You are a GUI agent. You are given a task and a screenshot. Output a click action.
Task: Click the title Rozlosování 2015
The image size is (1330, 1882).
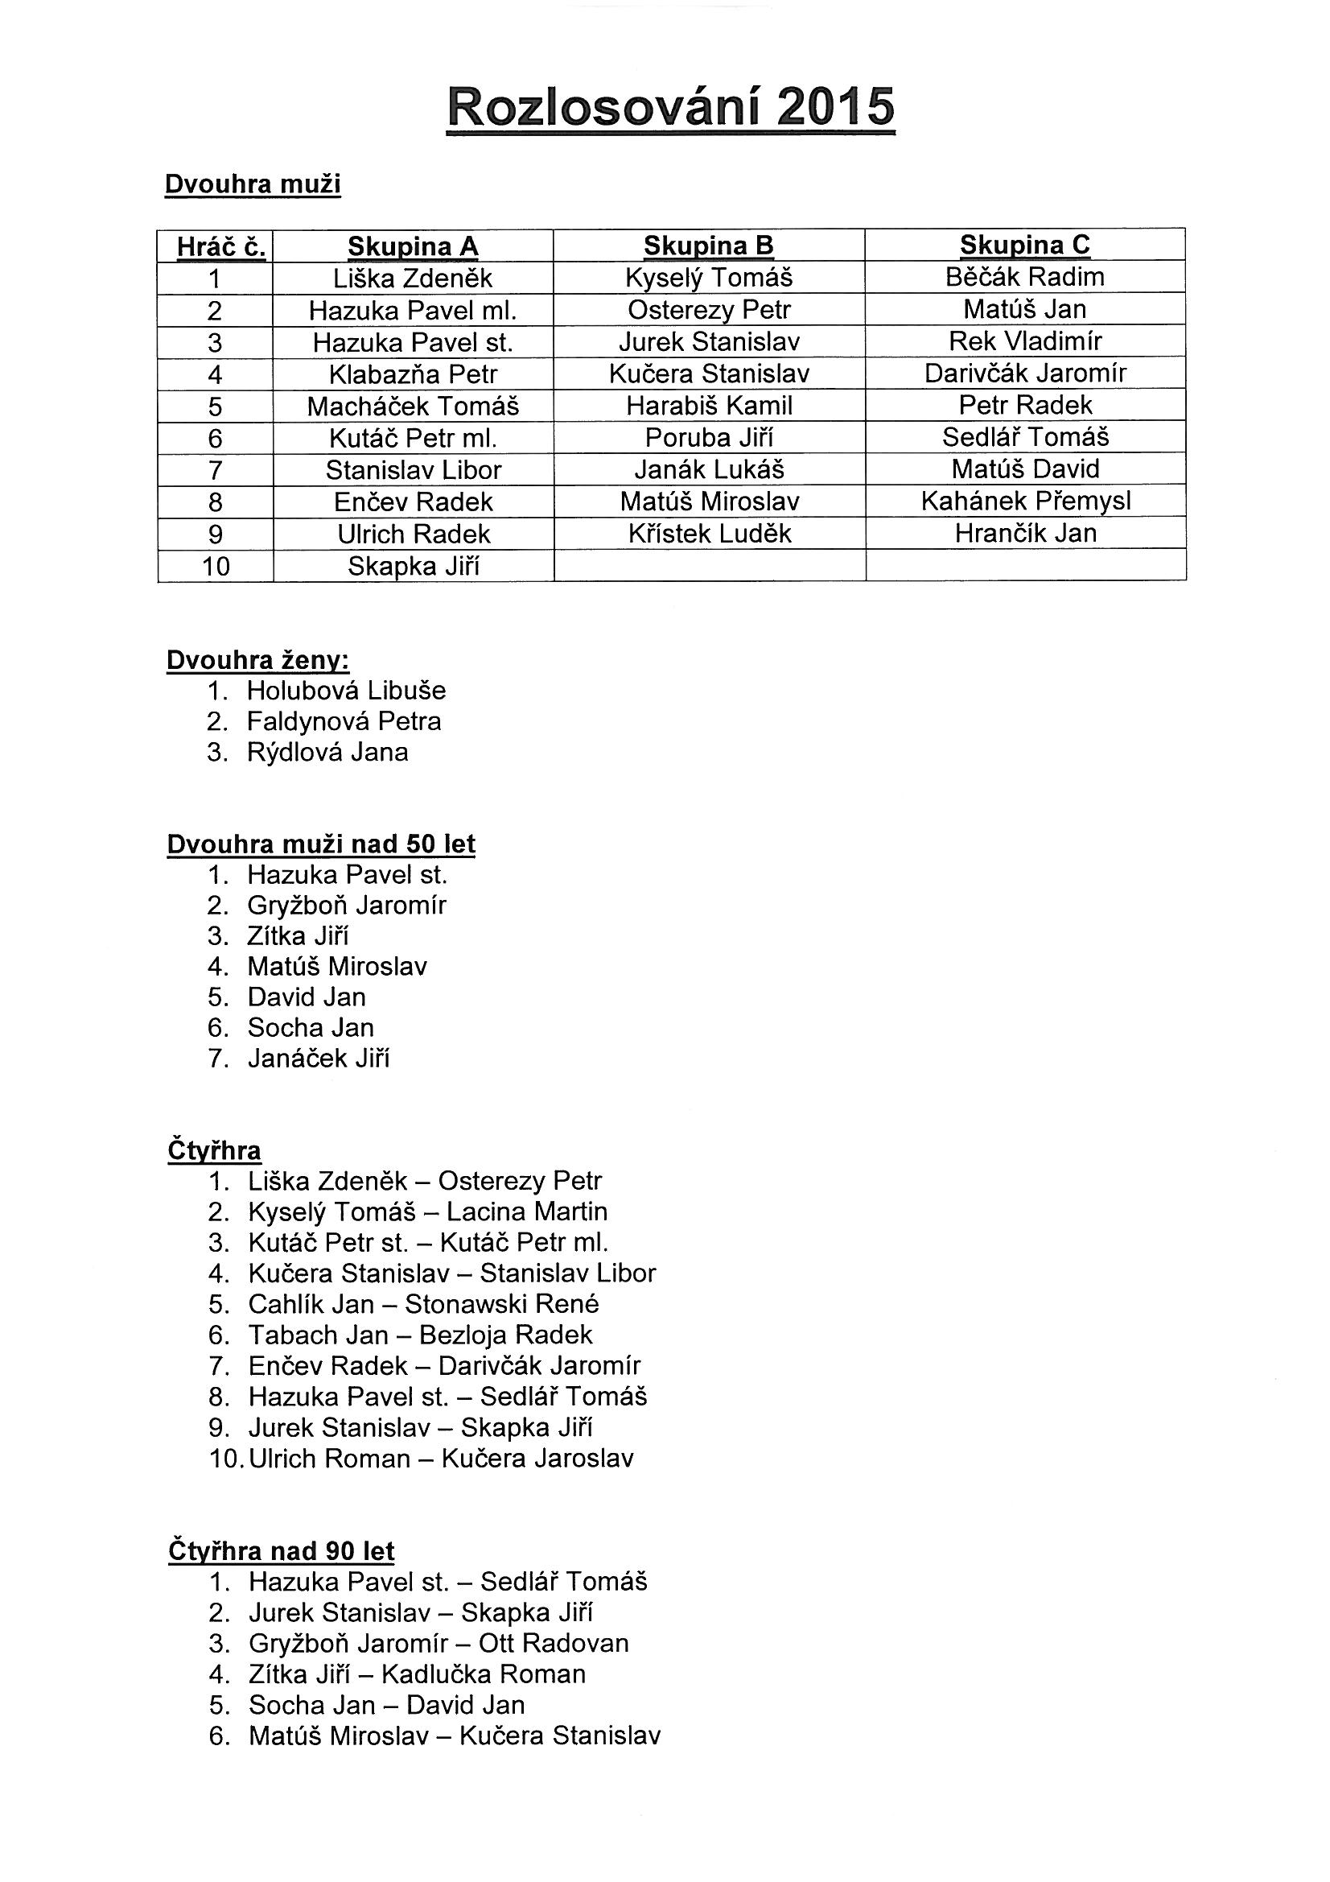(x=671, y=107)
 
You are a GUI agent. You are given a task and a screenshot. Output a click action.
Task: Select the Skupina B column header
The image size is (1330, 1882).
(x=708, y=245)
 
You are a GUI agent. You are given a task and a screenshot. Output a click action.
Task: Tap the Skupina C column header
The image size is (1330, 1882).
(x=1024, y=244)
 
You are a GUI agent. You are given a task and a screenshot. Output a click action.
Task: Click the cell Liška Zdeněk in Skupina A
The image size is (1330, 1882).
(x=412, y=279)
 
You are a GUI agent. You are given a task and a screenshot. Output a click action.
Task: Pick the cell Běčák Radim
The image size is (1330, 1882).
(x=1024, y=277)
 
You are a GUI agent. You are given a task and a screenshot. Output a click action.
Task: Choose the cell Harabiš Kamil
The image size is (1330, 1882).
(x=709, y=406)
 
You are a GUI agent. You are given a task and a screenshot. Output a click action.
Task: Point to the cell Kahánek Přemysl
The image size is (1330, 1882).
(x=1025, y=501)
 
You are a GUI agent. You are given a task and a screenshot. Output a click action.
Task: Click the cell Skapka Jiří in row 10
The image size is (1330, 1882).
(x=413, y=567)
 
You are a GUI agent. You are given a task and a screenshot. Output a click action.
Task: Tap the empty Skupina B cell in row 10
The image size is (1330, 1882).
(x=709, y=566)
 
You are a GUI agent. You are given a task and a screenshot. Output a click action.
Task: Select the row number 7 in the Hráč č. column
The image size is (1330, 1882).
(x=215, y=470)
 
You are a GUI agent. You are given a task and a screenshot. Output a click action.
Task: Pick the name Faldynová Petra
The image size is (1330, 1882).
(x=344, y=721)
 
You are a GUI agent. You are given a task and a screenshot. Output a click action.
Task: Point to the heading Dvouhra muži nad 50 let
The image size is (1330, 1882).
(x=320, y=844)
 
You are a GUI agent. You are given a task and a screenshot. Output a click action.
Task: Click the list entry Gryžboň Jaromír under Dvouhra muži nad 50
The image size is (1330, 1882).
(x=347, y=906)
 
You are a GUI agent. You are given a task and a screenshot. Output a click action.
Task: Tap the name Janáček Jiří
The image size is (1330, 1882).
(x=319, y=1059)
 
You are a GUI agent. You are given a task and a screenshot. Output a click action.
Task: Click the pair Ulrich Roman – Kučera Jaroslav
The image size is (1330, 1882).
(x=441, y=1459)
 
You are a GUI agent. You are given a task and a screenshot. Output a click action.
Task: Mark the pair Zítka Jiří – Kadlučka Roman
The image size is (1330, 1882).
(x=417, y=1674)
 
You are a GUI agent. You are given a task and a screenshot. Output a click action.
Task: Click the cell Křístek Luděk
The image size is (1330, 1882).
(x=709, y=534)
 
